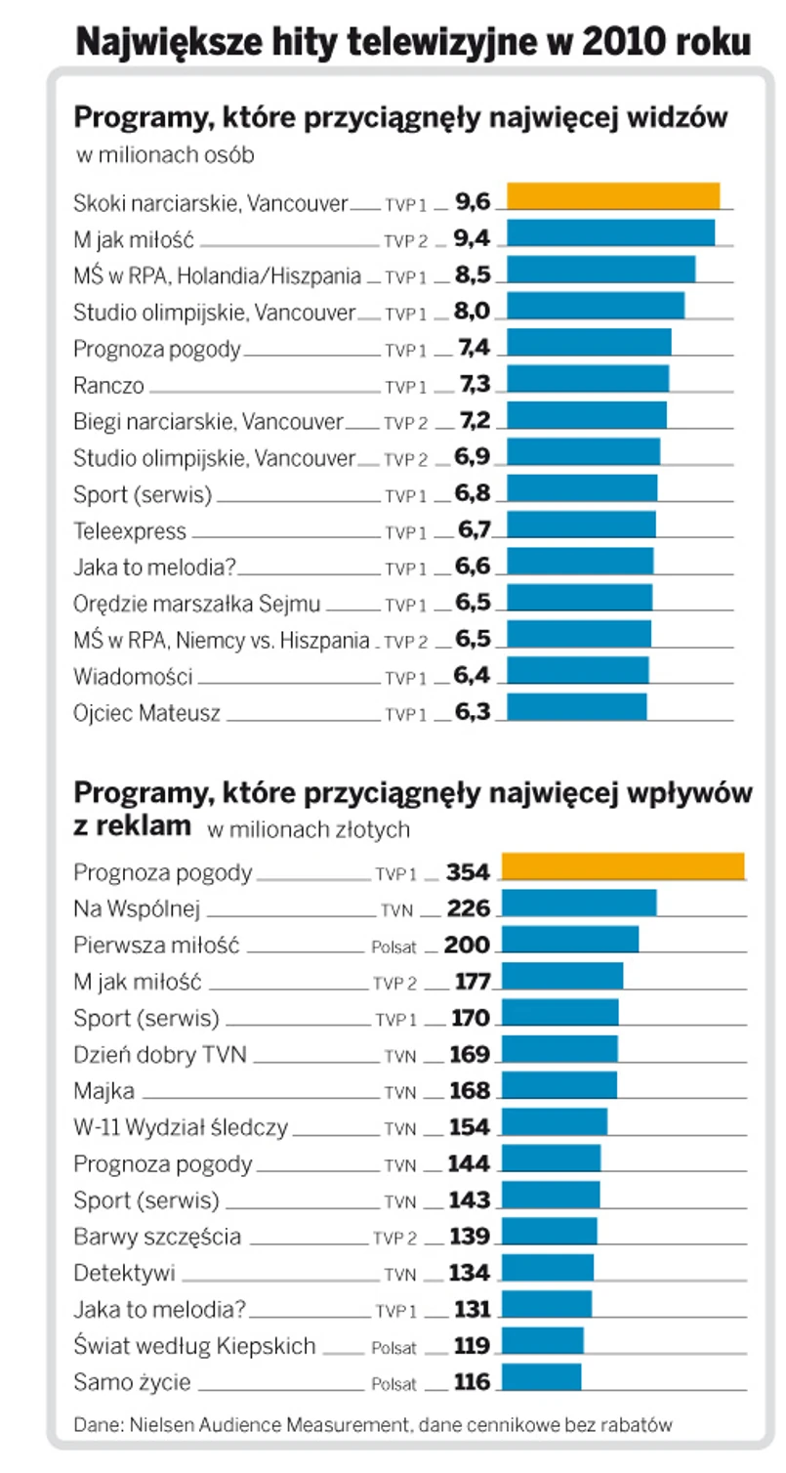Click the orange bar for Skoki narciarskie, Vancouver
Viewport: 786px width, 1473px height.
pos(612,195)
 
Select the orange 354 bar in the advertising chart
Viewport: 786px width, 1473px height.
pos(622,866)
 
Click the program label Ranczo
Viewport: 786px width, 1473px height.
pos(108,386)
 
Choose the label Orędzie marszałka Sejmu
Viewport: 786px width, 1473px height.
pos(197,604)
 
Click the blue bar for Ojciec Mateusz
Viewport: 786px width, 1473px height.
pos(576,706)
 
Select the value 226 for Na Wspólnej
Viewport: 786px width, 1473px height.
pos(468,909)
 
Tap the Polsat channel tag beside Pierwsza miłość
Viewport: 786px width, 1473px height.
pos(393,947)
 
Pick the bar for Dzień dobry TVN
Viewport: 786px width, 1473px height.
pos(559,1048)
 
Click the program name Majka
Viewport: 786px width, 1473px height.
pos(103,1090)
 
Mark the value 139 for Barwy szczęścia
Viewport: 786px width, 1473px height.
pos(469,1237)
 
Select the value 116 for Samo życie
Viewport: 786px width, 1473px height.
pos(472,1383)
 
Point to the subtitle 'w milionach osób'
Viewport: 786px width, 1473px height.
pos(166,154)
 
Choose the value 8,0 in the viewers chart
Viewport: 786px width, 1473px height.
pos(473,313)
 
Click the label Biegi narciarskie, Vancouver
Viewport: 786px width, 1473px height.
pos(208,422)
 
